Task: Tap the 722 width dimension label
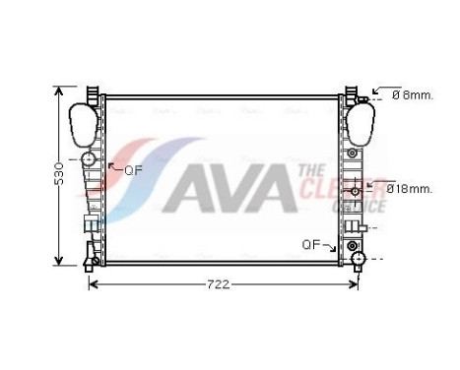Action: pos(218,285)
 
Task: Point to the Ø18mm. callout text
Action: pos(410,187)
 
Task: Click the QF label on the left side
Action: pos(133,169)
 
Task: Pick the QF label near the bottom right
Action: pos(311,244)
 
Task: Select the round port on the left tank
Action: pos(89,159)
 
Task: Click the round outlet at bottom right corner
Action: pos(358,260)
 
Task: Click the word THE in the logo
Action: pos(308,171)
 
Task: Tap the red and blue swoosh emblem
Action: pos(138,177)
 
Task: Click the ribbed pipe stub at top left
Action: pos(91,94)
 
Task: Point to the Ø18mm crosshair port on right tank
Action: pos(369,184)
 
